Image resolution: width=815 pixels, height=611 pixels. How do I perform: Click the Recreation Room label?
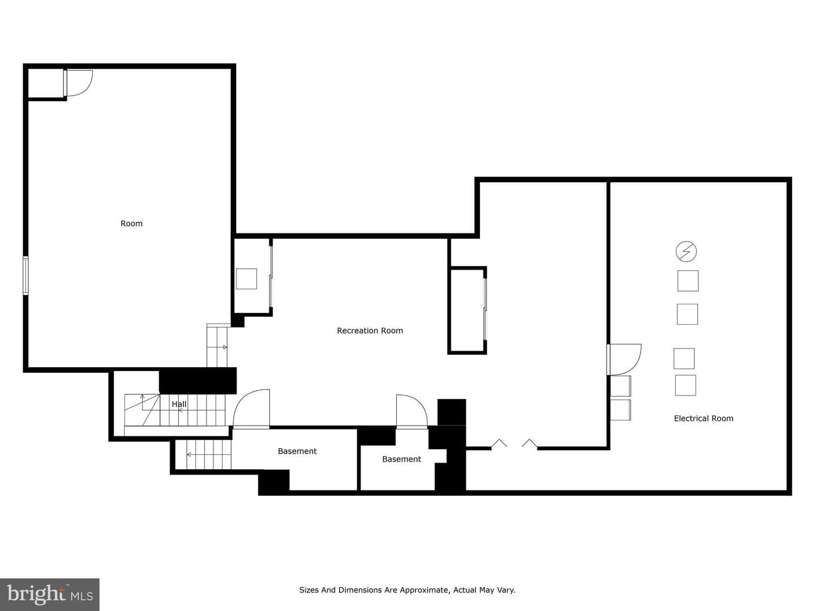370,330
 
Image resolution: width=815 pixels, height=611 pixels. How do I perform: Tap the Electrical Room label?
704,419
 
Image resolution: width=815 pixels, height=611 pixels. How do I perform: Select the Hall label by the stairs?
179,404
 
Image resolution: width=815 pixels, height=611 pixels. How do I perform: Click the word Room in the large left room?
131,223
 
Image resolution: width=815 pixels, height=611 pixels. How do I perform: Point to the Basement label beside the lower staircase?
297,451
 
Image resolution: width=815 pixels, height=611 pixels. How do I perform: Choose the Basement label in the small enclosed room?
401,459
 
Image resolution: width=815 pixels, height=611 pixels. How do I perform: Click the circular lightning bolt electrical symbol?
686,252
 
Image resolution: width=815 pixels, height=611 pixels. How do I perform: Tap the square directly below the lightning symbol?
688,281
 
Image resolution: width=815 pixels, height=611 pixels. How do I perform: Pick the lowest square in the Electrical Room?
685,385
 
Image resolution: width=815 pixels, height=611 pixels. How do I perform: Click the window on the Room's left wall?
25,276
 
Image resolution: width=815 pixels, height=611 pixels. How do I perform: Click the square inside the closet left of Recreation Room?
246,278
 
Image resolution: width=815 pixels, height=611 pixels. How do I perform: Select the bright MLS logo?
50,594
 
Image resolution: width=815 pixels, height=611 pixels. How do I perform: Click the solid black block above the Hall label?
198,381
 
